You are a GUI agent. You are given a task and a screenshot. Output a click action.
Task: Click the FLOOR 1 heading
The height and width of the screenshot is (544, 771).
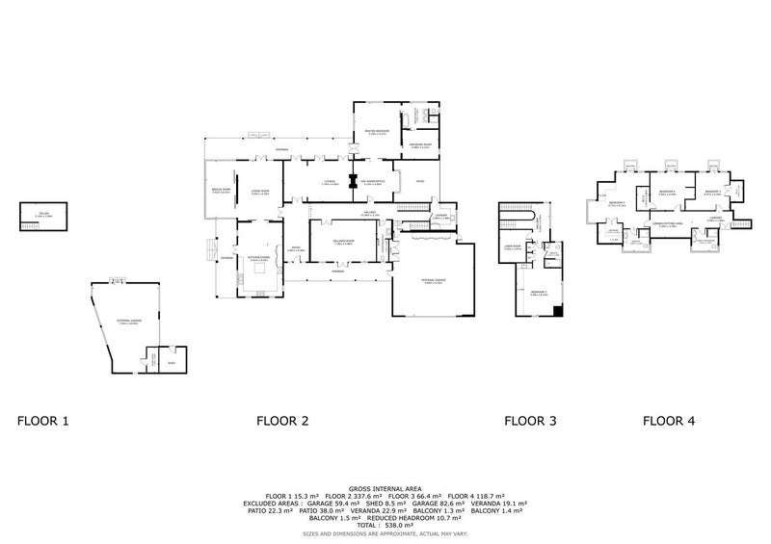[43, 421]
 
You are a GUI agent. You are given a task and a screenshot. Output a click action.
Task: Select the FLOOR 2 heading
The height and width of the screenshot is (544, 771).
[282, 421]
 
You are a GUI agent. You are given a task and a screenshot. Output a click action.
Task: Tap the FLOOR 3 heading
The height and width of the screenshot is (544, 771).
[531, 421]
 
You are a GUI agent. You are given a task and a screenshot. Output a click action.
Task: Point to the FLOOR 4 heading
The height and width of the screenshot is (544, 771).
[669, 421]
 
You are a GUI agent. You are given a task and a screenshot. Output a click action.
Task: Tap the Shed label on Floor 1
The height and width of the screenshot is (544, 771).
[173, 363]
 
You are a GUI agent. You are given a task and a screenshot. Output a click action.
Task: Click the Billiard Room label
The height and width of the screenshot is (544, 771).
[344, 242]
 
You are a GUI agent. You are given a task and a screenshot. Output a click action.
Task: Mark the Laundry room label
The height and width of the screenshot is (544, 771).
[441, 217]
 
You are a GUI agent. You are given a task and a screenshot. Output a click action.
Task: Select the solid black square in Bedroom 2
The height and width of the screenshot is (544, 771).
[560, 310]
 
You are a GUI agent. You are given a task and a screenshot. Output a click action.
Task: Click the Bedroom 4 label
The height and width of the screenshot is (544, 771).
[665, 193]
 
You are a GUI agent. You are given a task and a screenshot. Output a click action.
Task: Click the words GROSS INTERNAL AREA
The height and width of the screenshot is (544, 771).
[385, 489]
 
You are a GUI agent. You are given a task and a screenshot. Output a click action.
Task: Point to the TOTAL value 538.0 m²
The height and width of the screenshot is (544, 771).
[385, 524]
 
